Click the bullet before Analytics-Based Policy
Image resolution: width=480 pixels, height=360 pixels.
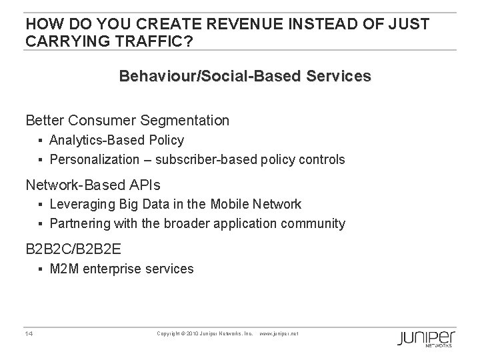click(x=41, y=141)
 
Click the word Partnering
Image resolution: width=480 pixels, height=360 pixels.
click(x=77, y=223)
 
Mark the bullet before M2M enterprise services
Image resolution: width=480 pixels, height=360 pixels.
click(x=41, y=269)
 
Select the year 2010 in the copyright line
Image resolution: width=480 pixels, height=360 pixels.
click(x=195, y=333)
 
